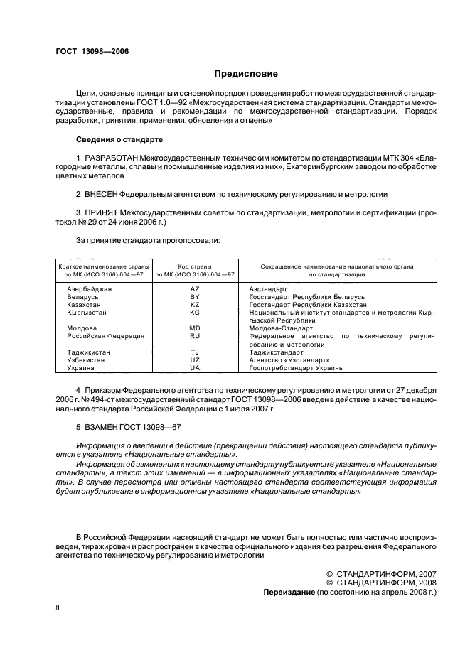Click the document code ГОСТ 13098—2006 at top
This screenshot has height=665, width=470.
[89, 52]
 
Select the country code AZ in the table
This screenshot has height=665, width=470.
[195, 289]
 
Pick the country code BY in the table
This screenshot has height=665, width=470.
[195, 296]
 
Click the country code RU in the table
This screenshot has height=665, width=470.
[195, 335]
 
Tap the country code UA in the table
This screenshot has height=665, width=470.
[195, 368]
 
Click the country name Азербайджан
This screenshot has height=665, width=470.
[90, 289]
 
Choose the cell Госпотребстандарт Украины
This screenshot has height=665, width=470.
[297, 368]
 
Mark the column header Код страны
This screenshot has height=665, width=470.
[195, 265]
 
